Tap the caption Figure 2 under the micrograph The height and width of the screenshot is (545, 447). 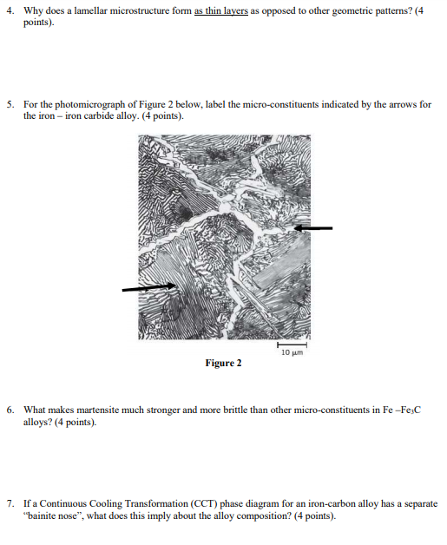[223, 363]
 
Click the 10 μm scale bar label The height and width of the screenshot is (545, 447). [292, 351]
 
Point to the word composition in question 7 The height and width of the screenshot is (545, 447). [295, 514]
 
